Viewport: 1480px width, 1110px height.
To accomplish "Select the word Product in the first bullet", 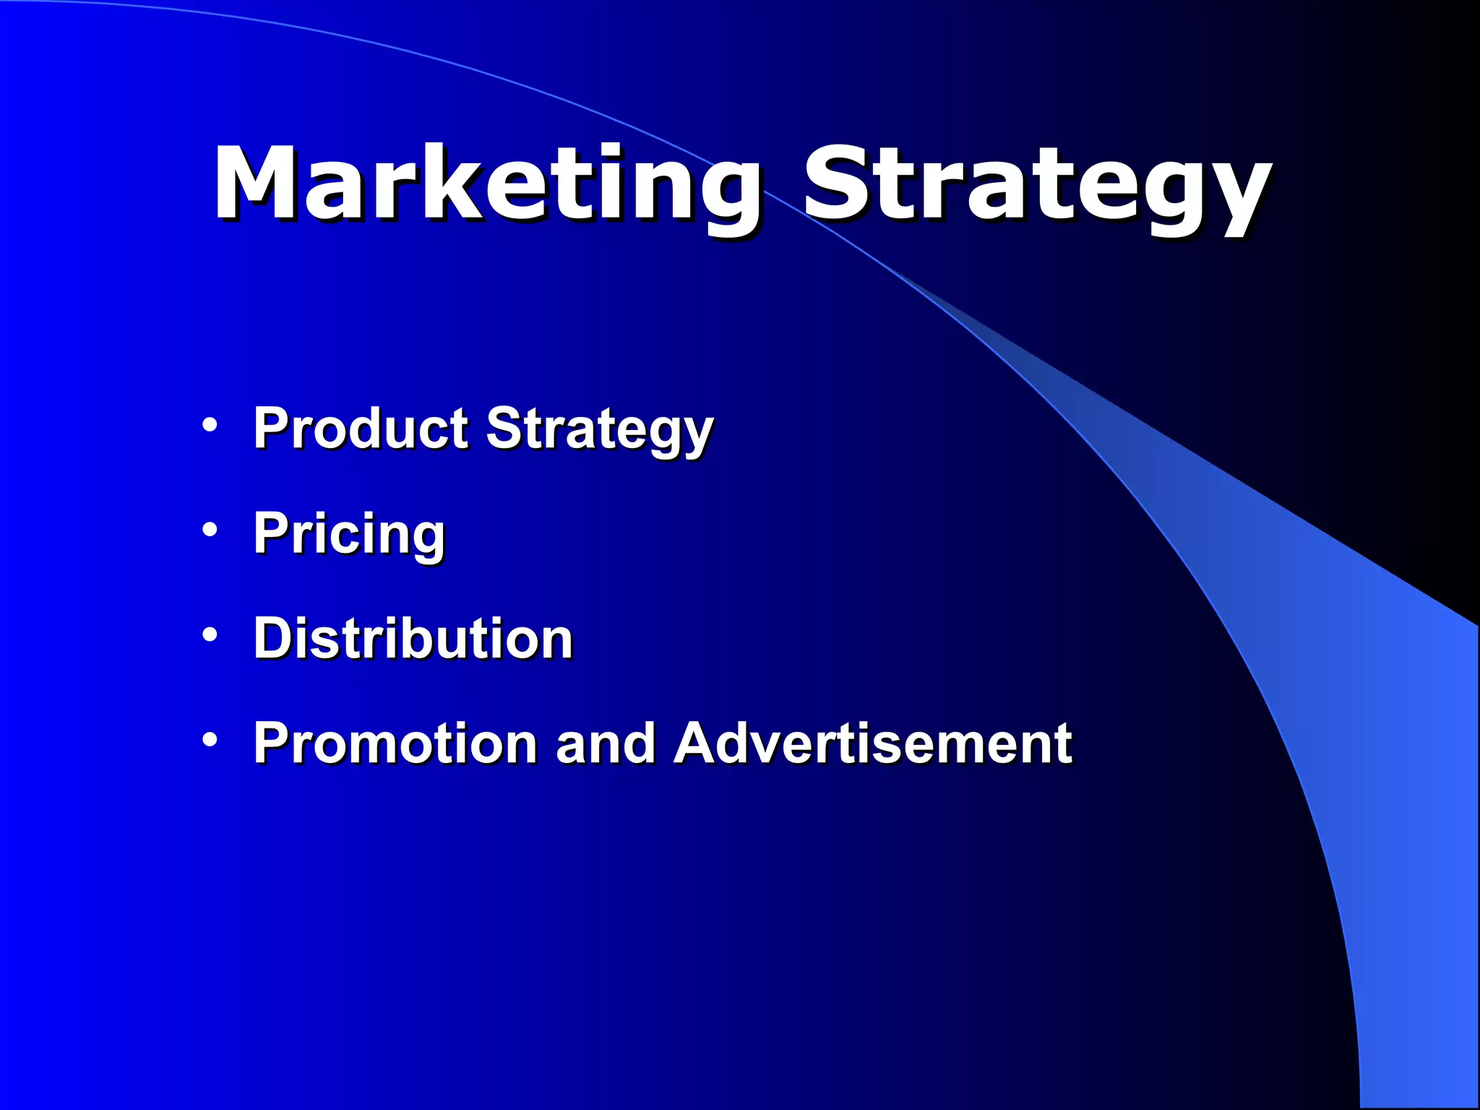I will pyautogui.click(x=361, y=428).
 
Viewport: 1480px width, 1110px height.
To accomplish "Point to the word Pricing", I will pyautogui.click(x=349, y=533).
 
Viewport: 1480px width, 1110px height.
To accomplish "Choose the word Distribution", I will pyautogui.click(x=413, y=639).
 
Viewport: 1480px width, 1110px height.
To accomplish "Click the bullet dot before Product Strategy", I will pyautogui.click(x=210, y=425).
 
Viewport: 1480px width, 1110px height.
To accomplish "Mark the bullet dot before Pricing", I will pyautogui.click(x=210, y=530).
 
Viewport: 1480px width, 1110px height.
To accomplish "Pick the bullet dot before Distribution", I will pyautogui.click(x=210, y=634).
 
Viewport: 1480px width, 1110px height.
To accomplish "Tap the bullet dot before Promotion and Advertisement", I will pyautogui.click(x=210, y=739).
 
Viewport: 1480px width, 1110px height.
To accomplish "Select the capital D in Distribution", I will pyautogui.click(x=274, y=639).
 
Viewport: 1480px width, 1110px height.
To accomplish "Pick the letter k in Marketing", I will pyautogui.click(x=448, y=182).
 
